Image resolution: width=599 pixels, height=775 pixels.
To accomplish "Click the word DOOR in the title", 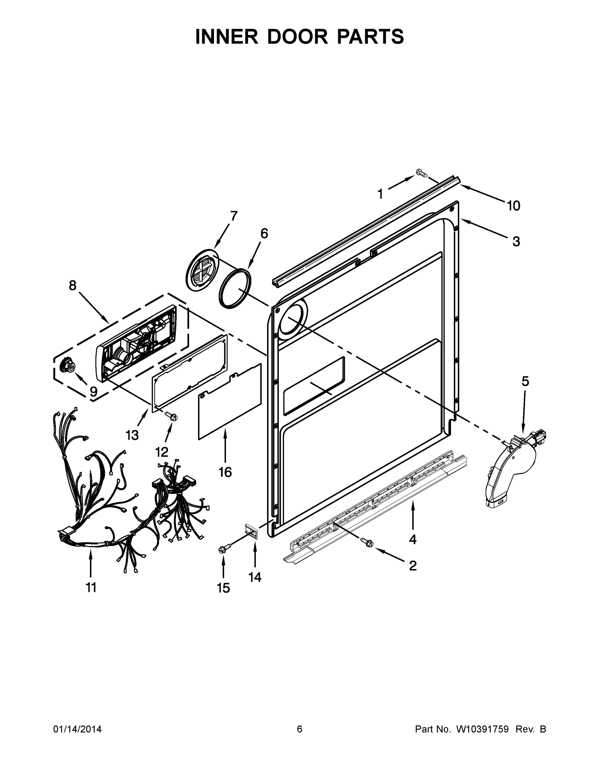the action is [x=297, y=36].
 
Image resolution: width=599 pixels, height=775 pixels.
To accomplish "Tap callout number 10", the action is [x=513, y=205].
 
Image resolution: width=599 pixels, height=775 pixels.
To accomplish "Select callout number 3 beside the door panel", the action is [x=516, y=241].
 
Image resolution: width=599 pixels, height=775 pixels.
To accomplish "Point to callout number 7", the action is [x=233, y=216].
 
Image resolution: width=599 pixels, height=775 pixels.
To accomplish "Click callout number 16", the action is [x=225, y=472].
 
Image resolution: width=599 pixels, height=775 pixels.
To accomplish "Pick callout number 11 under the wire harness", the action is [x=91, y=587].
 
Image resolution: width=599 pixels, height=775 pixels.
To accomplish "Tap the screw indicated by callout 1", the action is [x=421, y=173].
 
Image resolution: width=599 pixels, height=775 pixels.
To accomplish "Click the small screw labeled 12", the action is [x=171, y=416].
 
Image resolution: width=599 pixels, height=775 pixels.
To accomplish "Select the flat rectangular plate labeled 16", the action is [x=229, y=402].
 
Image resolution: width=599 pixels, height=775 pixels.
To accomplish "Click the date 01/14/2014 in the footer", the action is [x=77, y=729].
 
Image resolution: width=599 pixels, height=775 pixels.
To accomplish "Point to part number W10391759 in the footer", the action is [x=482, y=729].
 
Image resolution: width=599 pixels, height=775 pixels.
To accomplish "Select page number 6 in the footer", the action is [x=300, y=729].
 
